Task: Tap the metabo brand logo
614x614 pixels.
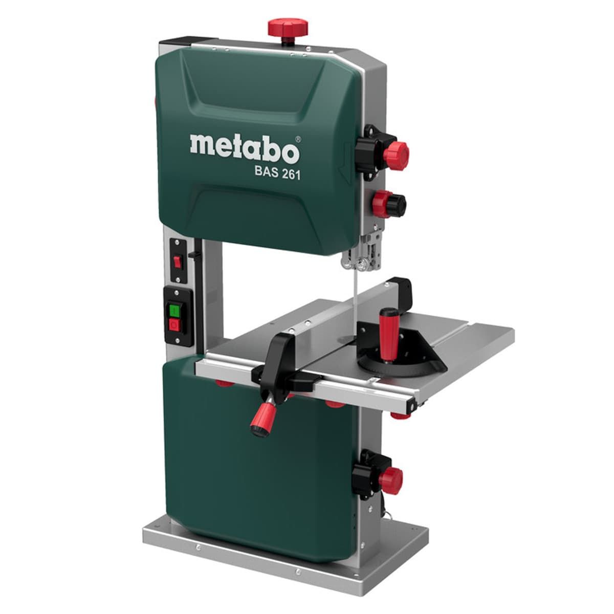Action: [245, 149]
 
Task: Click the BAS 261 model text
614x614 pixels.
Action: [277, 174]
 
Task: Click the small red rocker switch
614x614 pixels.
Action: [177, 262]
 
